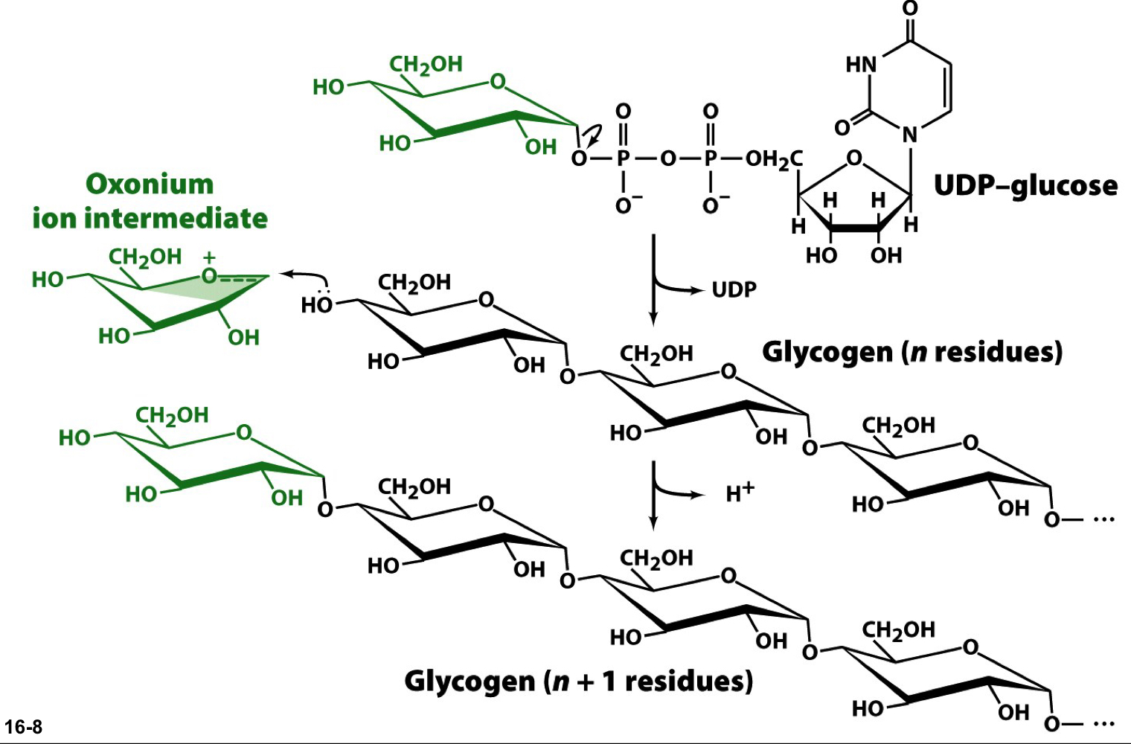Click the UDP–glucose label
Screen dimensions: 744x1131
click(1025, 185)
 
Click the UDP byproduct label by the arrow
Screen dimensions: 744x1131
click(734, 289)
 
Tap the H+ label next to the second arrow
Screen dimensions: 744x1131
click(740, 492)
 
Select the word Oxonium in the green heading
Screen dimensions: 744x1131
click(150, 184)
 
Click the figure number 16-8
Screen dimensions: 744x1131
click(23, 727)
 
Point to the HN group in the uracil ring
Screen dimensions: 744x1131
click(861, 65)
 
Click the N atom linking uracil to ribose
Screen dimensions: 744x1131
click(910, 135)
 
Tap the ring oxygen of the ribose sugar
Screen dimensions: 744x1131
click(854, 158)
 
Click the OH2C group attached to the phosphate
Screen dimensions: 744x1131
click(774, 158)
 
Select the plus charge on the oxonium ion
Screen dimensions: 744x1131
click(209, 257)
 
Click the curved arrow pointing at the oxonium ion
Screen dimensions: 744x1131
click(301, 276)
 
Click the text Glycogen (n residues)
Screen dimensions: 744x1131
click(911, 351)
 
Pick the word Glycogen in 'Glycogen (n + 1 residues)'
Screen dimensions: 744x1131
click(469, 681)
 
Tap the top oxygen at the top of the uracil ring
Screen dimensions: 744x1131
click(910, 9)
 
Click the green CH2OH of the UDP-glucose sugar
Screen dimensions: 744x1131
click(426, 65)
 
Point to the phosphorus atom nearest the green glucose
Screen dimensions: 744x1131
click(624, 158)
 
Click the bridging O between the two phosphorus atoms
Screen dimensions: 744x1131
click(667, 158)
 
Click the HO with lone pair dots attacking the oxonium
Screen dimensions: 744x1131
click(316, 304)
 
